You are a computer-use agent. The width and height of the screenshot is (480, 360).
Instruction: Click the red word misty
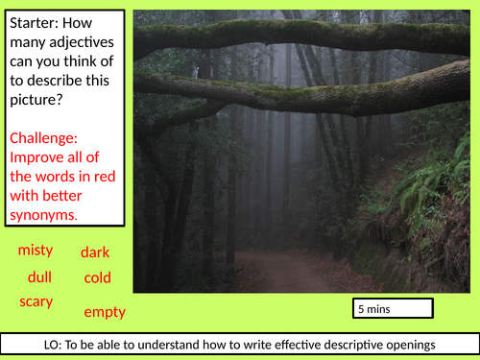[36, 251]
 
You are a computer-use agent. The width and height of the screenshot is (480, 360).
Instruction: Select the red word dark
[95, 252]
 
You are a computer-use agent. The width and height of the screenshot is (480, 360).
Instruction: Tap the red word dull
[39, 276]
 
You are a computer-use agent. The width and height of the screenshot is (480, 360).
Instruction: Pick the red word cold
[97, 278]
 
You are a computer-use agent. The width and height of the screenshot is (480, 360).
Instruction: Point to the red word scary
[36, 301]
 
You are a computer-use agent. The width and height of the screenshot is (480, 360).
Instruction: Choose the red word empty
[105, 312]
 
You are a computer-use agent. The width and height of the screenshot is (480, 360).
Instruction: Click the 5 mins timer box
[393, 309]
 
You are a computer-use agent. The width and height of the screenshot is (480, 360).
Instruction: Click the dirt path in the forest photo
[288, 271]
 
